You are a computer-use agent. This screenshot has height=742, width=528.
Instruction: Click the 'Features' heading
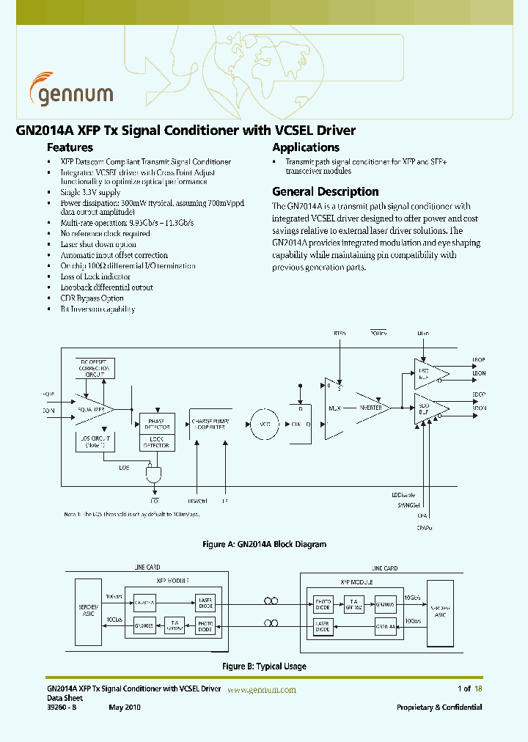(70, 147)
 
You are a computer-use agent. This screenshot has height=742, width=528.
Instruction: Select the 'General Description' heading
(325, 191)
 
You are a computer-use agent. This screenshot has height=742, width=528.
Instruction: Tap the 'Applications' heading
(306, 147)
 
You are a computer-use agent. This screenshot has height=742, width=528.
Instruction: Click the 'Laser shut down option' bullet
(98, 245)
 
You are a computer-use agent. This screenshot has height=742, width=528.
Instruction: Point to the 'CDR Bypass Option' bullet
(92, 298)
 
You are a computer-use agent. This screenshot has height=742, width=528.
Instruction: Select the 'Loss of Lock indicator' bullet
(95, 277)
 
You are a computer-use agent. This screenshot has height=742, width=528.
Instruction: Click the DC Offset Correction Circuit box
(95, 367)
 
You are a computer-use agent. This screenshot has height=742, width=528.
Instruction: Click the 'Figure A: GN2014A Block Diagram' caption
(263, 545)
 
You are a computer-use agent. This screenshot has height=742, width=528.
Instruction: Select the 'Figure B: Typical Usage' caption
(264, 666)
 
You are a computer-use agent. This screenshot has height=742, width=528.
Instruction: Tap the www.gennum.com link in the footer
(262, 690)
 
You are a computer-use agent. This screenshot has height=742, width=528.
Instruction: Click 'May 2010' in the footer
(124, 708)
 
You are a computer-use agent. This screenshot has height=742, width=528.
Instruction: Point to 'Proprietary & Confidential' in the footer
(439, 708)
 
